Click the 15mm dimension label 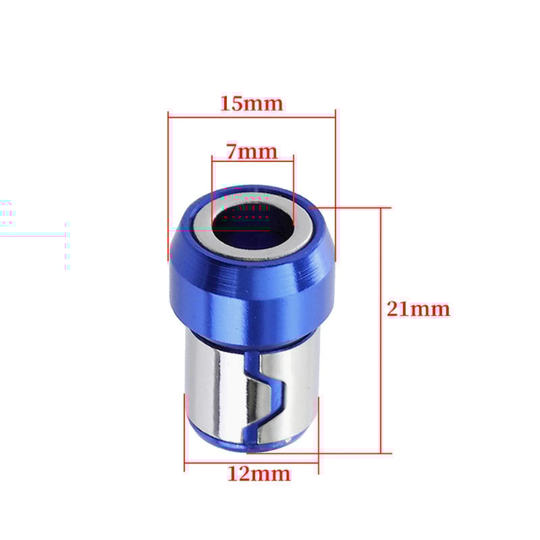[251, 104]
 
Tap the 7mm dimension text [251, 152]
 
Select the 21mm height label [418, 309]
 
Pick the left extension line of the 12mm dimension [184, 432]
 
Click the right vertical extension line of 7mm [294, 182]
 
